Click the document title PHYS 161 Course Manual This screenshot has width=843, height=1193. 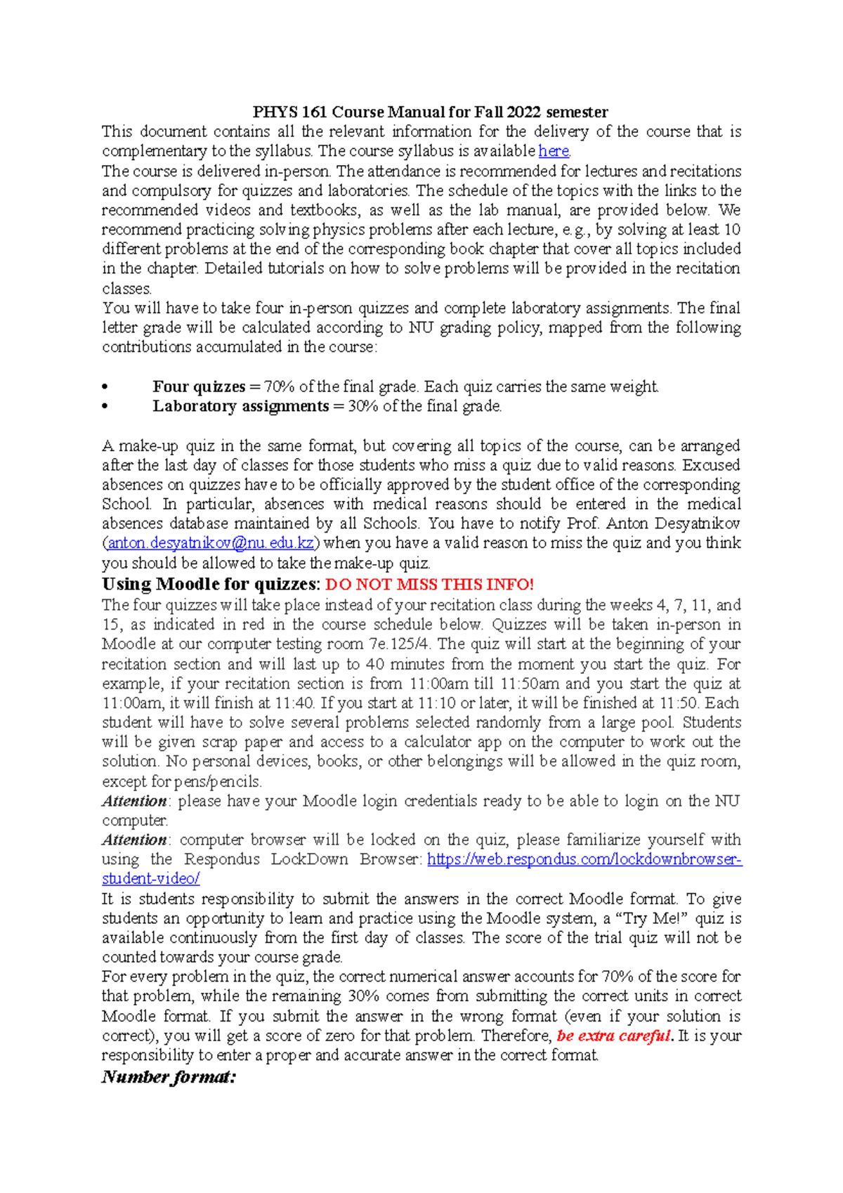click(x=430, y=112)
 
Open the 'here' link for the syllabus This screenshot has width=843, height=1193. click(x=554, y=151)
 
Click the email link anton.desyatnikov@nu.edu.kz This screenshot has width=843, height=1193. click(x=211, y=543)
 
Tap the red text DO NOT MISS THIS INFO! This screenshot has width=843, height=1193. click(x=430, y=585)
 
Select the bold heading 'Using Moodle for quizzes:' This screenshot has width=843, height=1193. click(x=211, y=585)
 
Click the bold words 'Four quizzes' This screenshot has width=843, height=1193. click(x=199, y=386)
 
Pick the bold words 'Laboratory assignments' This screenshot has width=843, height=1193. click(x=240, y=406)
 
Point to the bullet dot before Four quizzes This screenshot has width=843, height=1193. click(x=105, y=387)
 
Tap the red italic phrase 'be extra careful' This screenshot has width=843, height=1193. click(x=613, y=1036)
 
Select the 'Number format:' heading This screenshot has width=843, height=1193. click(x=169, y=1076)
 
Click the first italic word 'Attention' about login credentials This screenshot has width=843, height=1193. click(x=134, y=801)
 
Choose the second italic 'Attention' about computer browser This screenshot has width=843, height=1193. click(x=134, y=840)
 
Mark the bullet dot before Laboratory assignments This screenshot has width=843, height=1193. click(x=105, y=407)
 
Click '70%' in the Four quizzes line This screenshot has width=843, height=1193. click(x=279, y=386)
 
